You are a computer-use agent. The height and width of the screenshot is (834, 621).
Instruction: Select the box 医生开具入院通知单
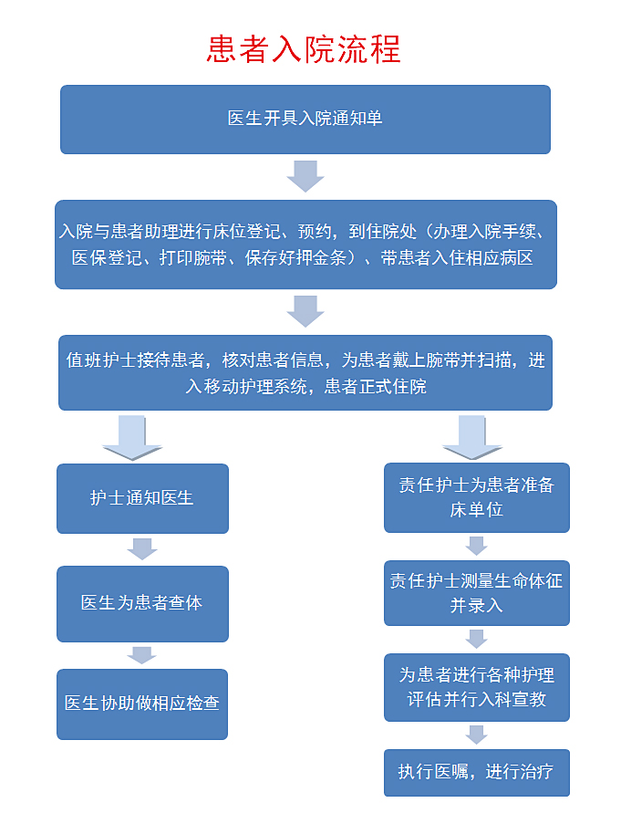click(x=305, y=120)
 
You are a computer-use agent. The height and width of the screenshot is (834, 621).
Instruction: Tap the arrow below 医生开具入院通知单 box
click(x=305, y=176)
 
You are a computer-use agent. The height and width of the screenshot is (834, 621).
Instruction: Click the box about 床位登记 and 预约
click(x=305, y=245)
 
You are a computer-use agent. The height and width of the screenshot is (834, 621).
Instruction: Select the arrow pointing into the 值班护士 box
click(x=305, y=311)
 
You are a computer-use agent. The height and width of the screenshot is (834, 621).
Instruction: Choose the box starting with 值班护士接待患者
click(x=305, y=372)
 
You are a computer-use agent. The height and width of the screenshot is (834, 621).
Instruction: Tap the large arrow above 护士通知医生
click(x=132, y=437)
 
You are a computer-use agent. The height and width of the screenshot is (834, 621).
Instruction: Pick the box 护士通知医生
click(x=142, y=498)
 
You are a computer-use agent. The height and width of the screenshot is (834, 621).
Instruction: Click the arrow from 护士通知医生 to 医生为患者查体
click(x=142, y=548)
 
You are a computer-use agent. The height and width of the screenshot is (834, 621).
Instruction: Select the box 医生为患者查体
click(x=142, y=603)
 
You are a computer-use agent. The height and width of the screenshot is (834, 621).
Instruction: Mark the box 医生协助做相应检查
click(x=142, y=704)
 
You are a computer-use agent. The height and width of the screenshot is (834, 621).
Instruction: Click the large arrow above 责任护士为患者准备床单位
click(x=472, y=437)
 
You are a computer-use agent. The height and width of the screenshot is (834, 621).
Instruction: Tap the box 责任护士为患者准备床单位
click(x=476, y=497)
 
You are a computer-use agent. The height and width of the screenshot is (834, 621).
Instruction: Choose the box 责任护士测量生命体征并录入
click(x=476, y=593)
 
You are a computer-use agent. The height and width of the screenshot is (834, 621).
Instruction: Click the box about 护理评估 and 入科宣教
click(x=476, y=687)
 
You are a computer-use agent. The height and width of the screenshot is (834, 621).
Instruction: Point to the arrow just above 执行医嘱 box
click(x=476, y=734)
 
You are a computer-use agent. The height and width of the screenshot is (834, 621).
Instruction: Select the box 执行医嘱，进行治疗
click(x=476, y=771)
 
